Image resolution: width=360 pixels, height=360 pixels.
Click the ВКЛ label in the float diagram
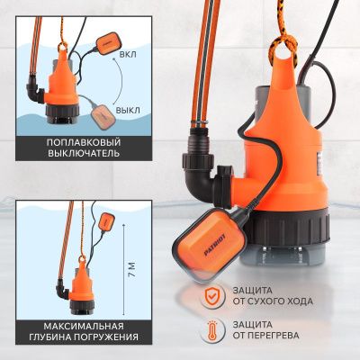pyautogui.click(x=128, y=55)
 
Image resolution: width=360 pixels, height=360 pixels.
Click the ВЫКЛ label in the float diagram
pyautogui.click(x=128, y=111)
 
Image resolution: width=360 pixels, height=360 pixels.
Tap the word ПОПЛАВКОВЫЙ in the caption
pyautogui.click(x=84, y=142)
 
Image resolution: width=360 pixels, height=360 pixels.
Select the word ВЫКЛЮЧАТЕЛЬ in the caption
pyautogui.click(x=84, y=154)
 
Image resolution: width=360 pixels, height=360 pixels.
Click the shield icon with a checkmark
pyautogui.click(x=212, y=296)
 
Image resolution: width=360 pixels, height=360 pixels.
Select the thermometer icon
pyautogui.click(x=212, y=329)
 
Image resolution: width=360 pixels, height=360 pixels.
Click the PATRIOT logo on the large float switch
pyautogui.click(x=215, y=245)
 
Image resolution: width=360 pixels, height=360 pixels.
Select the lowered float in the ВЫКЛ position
pyautogui.click(x=103, y=117)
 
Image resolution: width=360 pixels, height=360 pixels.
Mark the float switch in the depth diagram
pyautogui.click(x=104, y=221)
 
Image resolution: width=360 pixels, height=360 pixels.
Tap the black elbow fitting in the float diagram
pyautogui.click(x=35, y=89)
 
